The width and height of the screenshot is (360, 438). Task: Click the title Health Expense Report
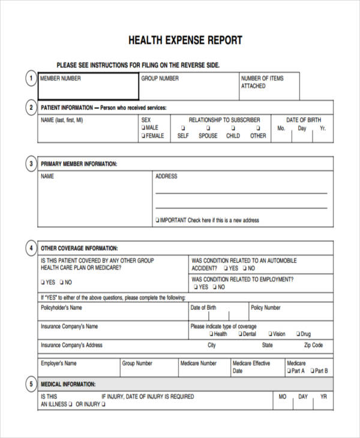point(185,41)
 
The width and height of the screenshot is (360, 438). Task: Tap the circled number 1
point(30,79)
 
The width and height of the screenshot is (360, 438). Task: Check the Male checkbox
point(143,128)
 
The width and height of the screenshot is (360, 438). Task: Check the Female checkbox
point(143,136)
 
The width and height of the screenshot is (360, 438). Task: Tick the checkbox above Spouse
point(208,128)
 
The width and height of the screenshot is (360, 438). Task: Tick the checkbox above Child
point(233,128)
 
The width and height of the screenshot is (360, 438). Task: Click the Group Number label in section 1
point(160,79)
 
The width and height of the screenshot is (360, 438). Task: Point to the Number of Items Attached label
point(262,82)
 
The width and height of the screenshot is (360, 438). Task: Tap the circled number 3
point(30,164)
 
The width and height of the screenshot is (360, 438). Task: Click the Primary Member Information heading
point(79,164)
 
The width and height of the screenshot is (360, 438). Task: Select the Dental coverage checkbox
point(240,334)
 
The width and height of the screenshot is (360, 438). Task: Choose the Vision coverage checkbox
point(270,334)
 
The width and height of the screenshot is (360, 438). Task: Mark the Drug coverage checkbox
point(298,334)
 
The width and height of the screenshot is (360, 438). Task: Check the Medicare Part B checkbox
point(311,371)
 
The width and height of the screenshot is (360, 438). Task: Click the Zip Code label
point(313,346)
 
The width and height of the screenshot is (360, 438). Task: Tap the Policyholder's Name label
point(61,308)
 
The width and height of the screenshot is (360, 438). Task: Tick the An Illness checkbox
point(70,405)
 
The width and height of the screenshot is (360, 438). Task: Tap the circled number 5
point(30,384)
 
